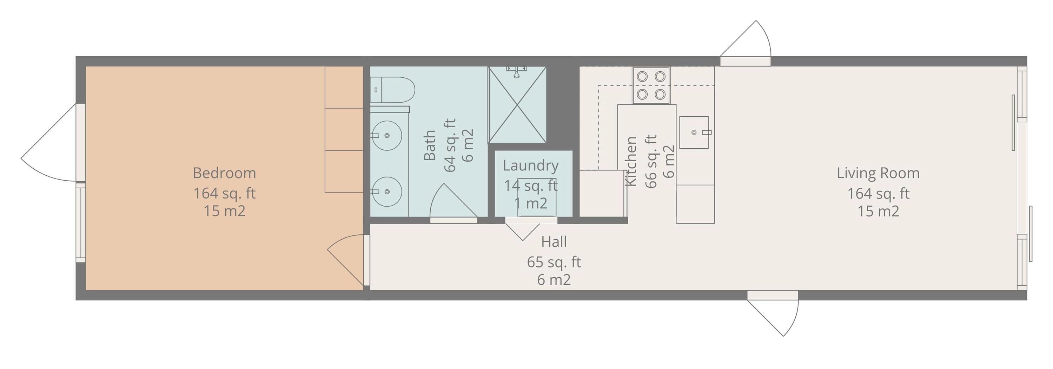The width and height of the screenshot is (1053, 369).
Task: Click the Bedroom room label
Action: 224,173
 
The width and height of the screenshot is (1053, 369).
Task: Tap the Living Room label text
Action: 878,173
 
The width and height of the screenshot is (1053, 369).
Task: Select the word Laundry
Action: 531,166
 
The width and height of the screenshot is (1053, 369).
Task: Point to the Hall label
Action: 554,242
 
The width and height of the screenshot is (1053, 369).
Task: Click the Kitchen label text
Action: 631,161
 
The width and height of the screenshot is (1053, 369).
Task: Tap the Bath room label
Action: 429,145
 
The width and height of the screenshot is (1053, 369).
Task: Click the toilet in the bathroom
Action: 392,90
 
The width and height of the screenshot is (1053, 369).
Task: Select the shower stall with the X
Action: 517,105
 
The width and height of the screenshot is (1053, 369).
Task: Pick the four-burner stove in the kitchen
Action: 651,85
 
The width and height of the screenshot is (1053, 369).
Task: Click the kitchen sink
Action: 694,132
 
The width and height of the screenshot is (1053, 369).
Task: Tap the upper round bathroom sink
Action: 386,135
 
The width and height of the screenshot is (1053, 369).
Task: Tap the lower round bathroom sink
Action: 386,192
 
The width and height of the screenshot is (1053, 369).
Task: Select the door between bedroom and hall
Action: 346,260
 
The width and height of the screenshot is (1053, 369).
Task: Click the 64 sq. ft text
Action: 449,145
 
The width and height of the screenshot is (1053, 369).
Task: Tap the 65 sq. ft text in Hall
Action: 554,262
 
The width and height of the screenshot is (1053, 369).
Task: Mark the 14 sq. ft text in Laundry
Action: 531,186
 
